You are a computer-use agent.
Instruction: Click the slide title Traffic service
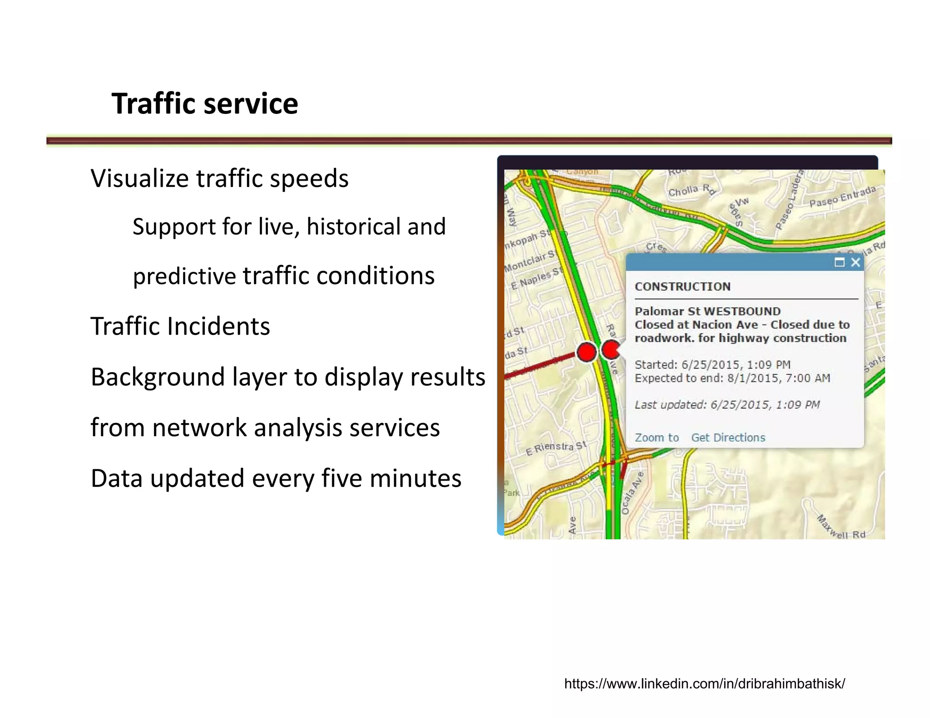(205, 103)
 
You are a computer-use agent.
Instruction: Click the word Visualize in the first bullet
(139, 178)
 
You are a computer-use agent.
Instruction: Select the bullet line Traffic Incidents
(180, 326)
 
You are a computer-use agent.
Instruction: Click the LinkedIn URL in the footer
(704, 684)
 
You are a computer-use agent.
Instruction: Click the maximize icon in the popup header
(839, 262)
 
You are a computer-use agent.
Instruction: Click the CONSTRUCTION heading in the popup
(683, 287)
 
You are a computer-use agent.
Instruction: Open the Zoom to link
(657, 438)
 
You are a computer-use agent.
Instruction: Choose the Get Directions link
(728, 438)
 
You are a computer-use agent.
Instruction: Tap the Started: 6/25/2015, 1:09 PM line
(712, 365)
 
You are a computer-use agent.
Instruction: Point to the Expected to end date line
(732, 379)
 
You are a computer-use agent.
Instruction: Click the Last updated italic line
(727, 405)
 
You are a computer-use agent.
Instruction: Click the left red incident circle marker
(586, 352)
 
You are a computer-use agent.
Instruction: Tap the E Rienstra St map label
(556, 448)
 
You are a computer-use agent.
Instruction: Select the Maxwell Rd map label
(841, 527)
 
